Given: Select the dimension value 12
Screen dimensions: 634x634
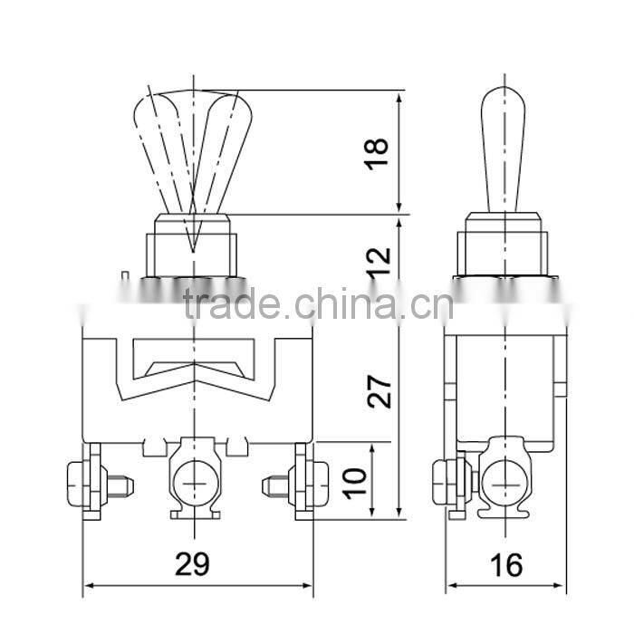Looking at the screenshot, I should (380, 261).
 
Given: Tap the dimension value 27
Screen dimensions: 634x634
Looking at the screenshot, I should (380, 390).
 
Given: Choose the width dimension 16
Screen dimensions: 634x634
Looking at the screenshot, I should (508, 564).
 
